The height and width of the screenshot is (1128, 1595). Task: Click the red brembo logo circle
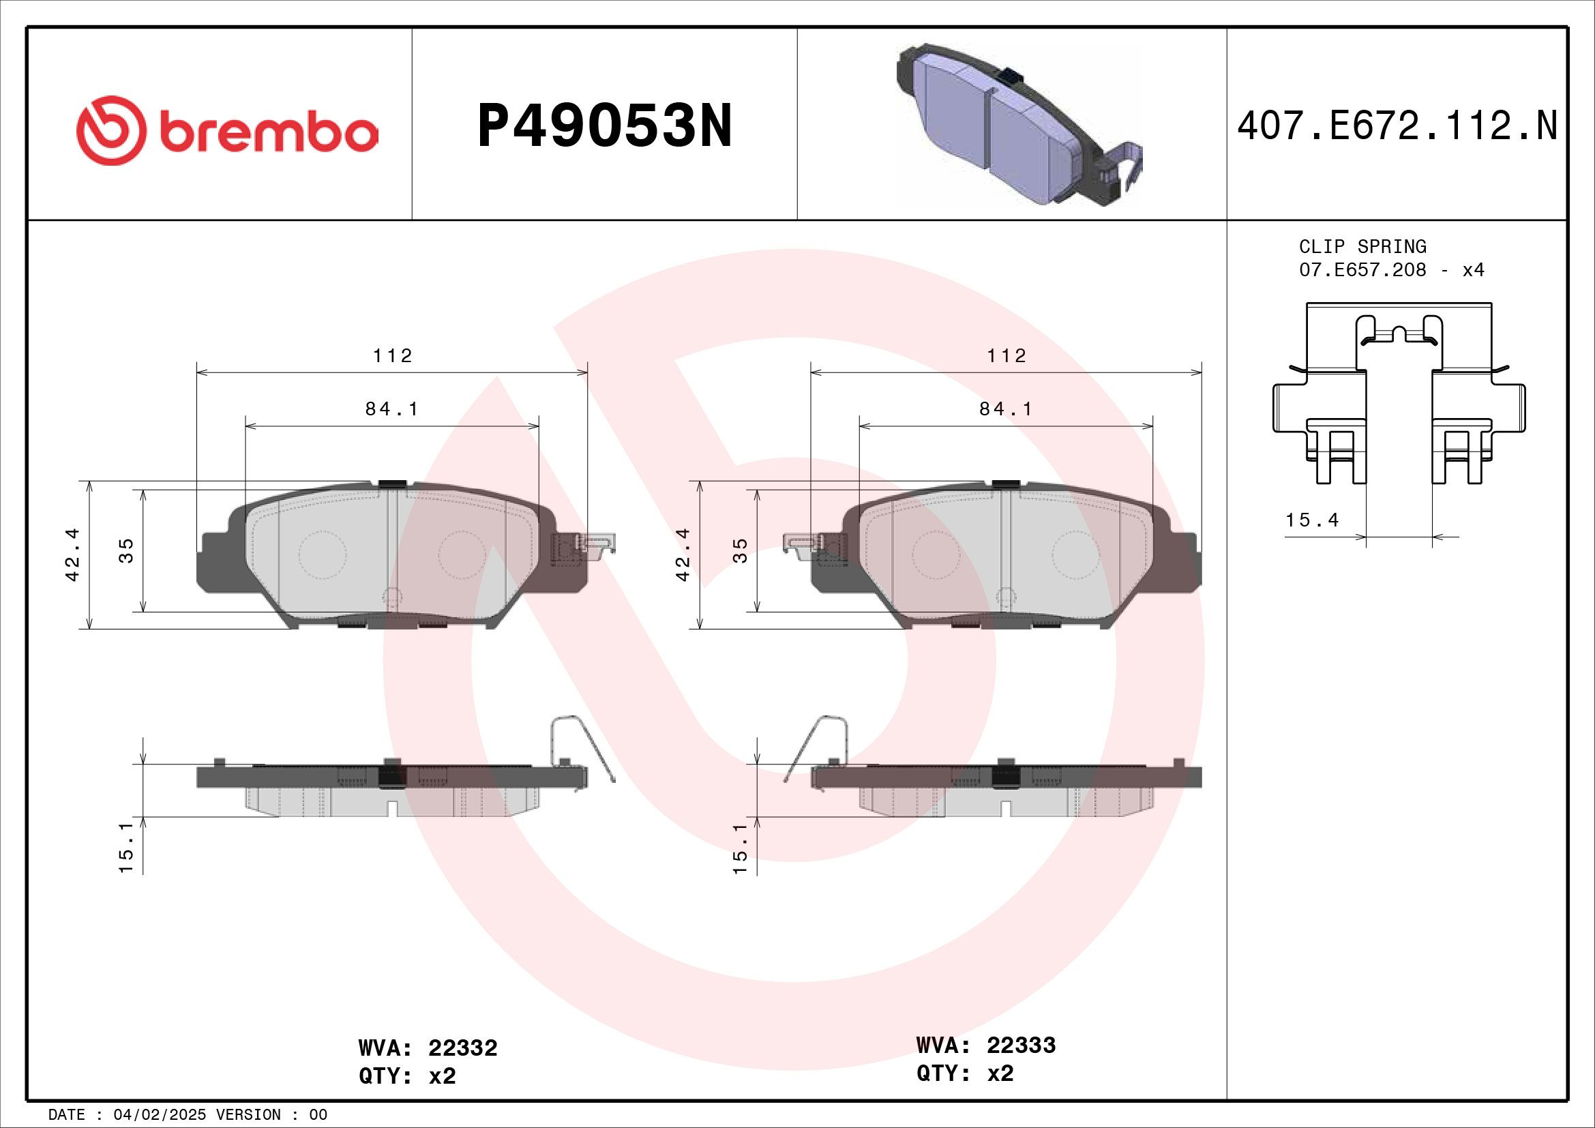tap(111, 130)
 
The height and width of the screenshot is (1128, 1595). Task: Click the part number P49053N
tap(604, 126)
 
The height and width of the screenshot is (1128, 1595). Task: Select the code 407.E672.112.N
tap(1397, 126)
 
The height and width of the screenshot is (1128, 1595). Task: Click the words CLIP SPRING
tap(1362, 247)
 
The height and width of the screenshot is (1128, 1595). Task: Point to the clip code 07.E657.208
tap(1362, 270)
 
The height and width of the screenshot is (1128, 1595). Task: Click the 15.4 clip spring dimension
tap(1311, 520)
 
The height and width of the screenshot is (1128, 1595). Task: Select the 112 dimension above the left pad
tap(393, 355)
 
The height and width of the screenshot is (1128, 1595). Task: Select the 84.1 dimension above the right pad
tap(1006, 409)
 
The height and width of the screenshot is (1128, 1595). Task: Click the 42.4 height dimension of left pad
tap(72, 554)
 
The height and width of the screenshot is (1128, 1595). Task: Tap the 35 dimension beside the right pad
tap(741, 550)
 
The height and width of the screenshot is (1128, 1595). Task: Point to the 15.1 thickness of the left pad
tap(125, 848)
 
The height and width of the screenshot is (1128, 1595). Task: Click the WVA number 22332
tap(462, 1048)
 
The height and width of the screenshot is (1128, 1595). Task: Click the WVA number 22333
tap(1021, 1045)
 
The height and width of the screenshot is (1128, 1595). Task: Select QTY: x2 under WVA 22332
tap(407, 1076)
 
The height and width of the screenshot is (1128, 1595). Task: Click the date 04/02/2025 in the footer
tap(159, 1115)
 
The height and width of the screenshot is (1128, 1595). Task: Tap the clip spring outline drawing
tap(1399, 394)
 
